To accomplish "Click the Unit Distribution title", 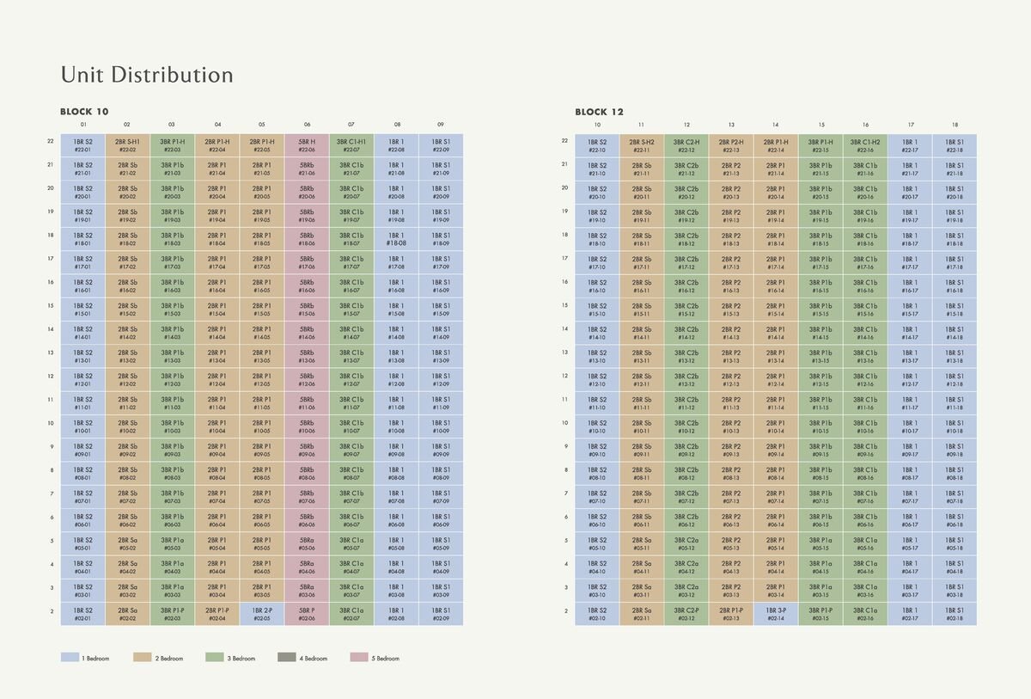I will tap(147, 75).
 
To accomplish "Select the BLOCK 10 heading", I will tap(84, 112).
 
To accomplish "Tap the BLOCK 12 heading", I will tap(599, 112).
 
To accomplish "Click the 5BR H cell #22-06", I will tap(307, 145).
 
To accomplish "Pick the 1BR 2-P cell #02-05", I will tap(262, 614).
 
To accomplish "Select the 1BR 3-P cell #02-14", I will tap(776, 614).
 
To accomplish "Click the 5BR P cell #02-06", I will tap(307, 614).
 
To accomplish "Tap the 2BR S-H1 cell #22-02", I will tap(128, 145).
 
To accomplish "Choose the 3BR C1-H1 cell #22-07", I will tap(351, 145).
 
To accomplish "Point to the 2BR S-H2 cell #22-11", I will tap(642, 145).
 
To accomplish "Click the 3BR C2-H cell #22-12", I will tap(686, 145).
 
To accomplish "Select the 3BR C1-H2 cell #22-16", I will tap(865, 145).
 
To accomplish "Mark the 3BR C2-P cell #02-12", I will tap(686, 614).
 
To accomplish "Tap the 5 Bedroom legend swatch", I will tap(359, 658).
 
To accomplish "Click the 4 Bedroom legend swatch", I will tap(287, 658).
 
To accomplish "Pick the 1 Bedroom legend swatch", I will tap(70, 658).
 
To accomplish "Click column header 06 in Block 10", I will tap(307, 125).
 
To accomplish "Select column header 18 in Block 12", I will tap(955, 125).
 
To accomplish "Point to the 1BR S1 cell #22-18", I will tap(955, 145).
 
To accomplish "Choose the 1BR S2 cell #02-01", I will tap(83, 614).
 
